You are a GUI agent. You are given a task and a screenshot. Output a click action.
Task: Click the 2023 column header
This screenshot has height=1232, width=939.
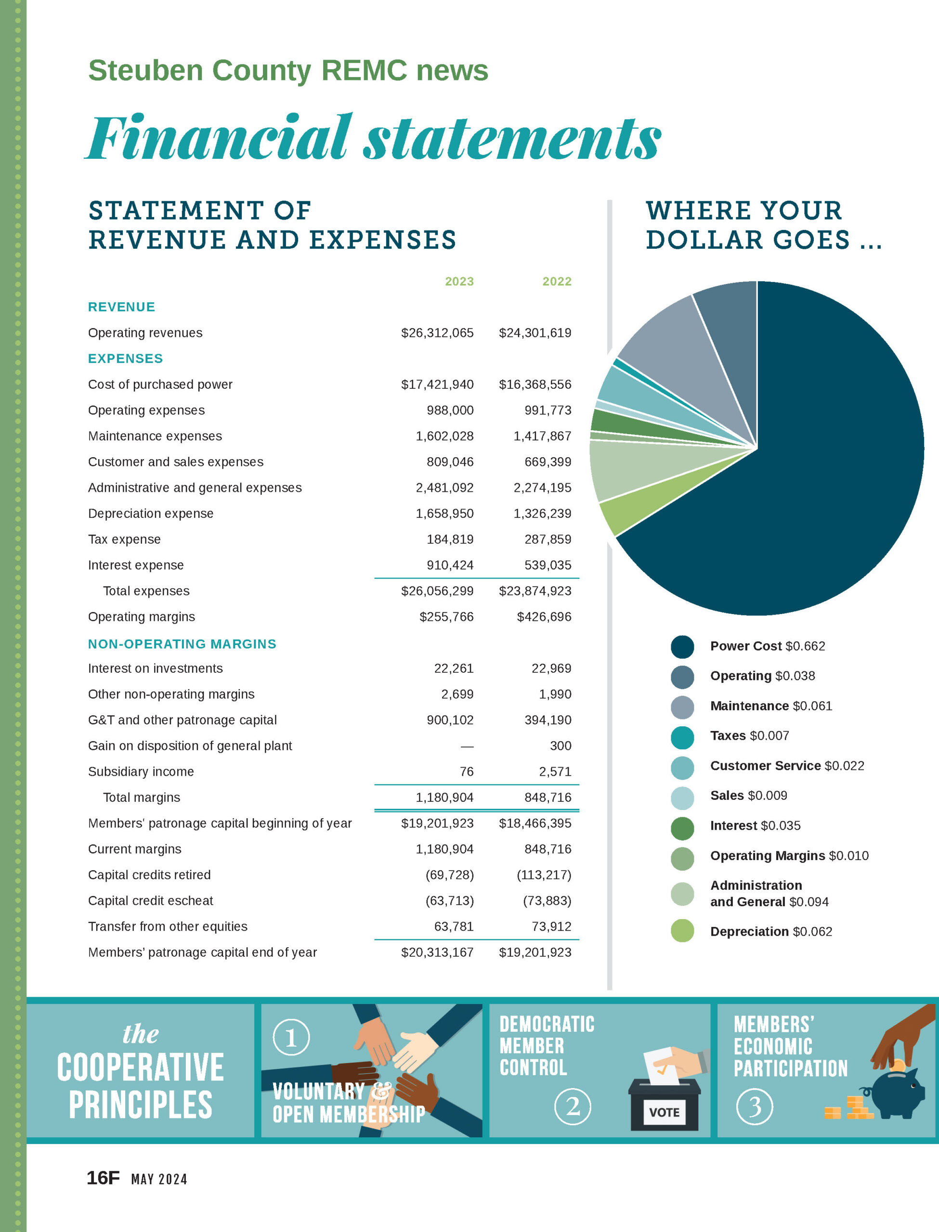point(459,282)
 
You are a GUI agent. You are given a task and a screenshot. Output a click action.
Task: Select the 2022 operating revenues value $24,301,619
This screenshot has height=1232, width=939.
point(535,333)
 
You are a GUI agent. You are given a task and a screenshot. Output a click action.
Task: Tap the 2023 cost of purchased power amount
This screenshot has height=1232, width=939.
point(437,384)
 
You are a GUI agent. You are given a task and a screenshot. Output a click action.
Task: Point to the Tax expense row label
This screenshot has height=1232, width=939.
point(124,539)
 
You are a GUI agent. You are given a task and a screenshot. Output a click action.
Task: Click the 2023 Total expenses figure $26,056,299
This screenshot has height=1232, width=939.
point(437,591)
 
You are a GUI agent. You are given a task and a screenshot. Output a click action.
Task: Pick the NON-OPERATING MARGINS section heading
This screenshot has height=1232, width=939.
point(182,644)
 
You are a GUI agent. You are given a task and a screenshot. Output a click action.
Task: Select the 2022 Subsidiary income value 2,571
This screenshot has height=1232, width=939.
point(555,772)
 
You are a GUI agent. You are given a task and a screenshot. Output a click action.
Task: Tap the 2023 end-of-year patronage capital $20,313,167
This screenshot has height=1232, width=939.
point(437,952)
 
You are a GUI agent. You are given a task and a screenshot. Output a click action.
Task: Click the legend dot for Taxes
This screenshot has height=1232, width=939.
point(682,737)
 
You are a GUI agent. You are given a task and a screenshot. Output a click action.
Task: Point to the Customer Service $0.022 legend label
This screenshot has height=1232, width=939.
point(787,766)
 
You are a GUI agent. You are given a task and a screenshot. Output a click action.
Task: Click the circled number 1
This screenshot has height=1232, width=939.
point(291,1038)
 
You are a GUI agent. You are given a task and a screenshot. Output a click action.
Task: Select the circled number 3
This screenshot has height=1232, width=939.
point(755,1106)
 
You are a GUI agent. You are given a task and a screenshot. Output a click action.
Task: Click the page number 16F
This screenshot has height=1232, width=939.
point(103,1178)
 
